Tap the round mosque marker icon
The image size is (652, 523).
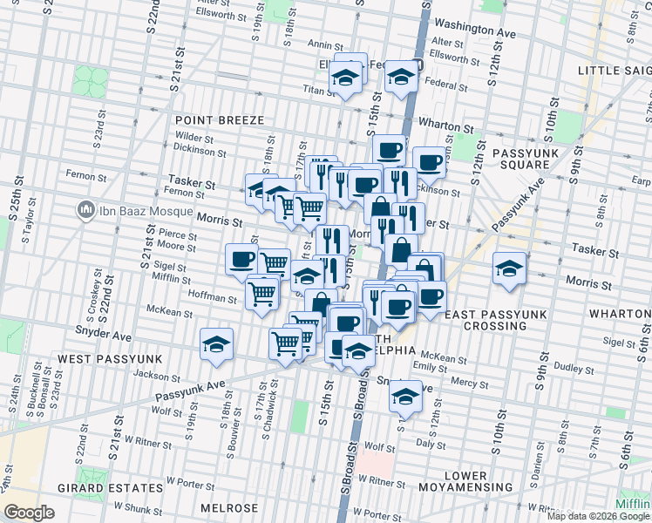click(85, 209)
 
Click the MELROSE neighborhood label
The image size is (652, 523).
click(229, 508)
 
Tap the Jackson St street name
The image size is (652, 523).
click(157, 376)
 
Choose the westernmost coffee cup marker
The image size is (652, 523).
click(241, 259)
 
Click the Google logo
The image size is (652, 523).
click(29, 513)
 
